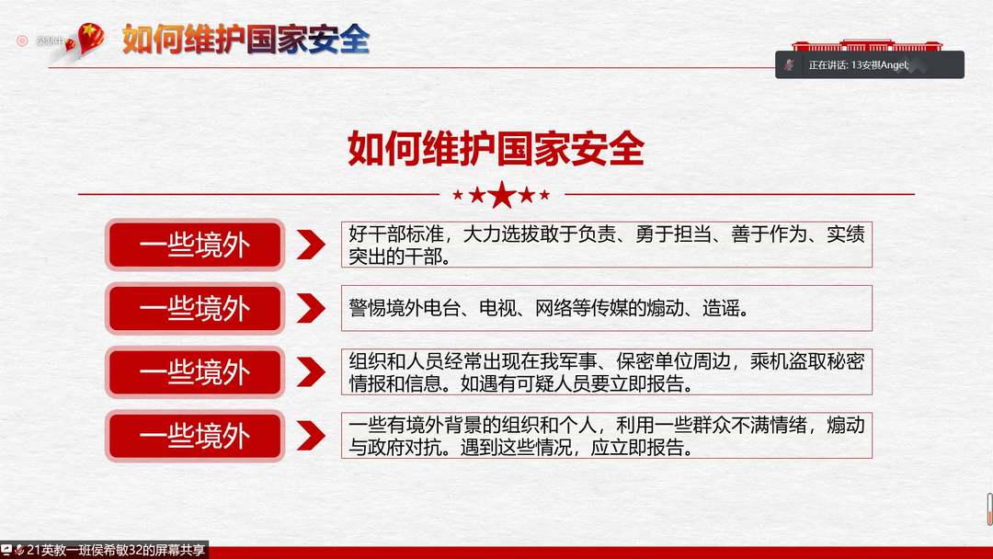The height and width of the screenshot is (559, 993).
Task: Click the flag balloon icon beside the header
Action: pos(89,38)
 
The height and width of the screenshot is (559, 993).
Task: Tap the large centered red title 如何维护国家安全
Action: pos(496,148)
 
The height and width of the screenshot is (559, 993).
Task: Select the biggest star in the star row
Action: pos(502,195)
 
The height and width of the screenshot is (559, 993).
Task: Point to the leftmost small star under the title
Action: pos(458,195)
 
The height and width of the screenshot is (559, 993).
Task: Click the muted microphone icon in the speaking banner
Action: pos(789,64)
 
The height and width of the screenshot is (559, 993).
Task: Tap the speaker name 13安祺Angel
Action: pos(880,65)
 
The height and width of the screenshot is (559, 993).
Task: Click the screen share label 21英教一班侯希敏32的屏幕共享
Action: pos(116,550)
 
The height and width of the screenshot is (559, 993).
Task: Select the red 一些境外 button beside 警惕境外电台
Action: pos(195,308)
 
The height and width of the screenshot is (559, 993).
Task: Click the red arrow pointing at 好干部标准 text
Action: pos(311,245)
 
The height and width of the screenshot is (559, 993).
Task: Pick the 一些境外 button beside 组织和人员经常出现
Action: pos(195,372)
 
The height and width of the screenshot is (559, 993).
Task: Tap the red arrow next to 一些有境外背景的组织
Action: pos(311,436)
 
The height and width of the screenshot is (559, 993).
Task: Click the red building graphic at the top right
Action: pos(867,45)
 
